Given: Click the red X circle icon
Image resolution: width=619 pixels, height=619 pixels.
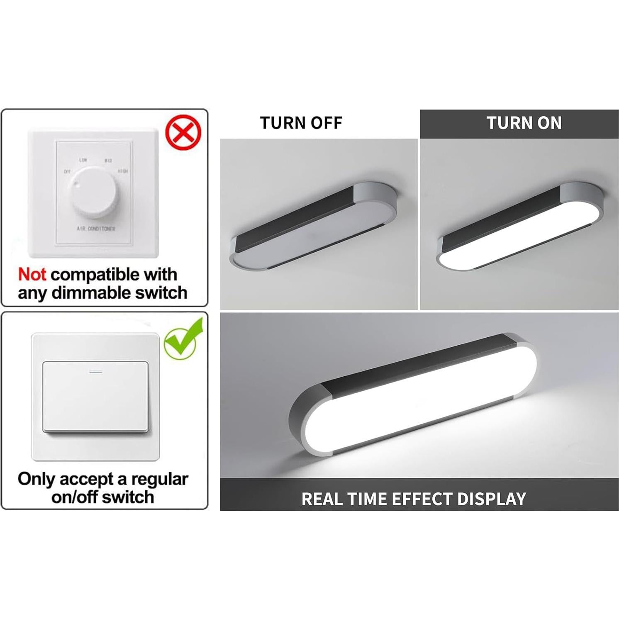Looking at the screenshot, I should point(183,133).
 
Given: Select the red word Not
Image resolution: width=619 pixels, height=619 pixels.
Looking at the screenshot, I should point(32,275).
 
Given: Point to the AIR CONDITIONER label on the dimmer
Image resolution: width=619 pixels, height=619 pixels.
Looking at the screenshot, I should point(96,229).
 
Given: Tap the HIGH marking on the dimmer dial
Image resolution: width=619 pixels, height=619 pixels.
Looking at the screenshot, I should point(123,171).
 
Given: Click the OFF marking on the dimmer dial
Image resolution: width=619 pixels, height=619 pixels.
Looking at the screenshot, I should point(67,171).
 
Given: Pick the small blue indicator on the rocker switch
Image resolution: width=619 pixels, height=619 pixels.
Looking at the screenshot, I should point(96,371).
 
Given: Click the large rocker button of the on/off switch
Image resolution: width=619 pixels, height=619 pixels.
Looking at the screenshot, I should point(95,397).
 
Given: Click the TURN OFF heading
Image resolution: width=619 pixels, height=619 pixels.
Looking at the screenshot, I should point(301,123).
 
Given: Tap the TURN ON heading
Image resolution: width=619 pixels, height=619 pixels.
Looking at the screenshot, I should point(524,123).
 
